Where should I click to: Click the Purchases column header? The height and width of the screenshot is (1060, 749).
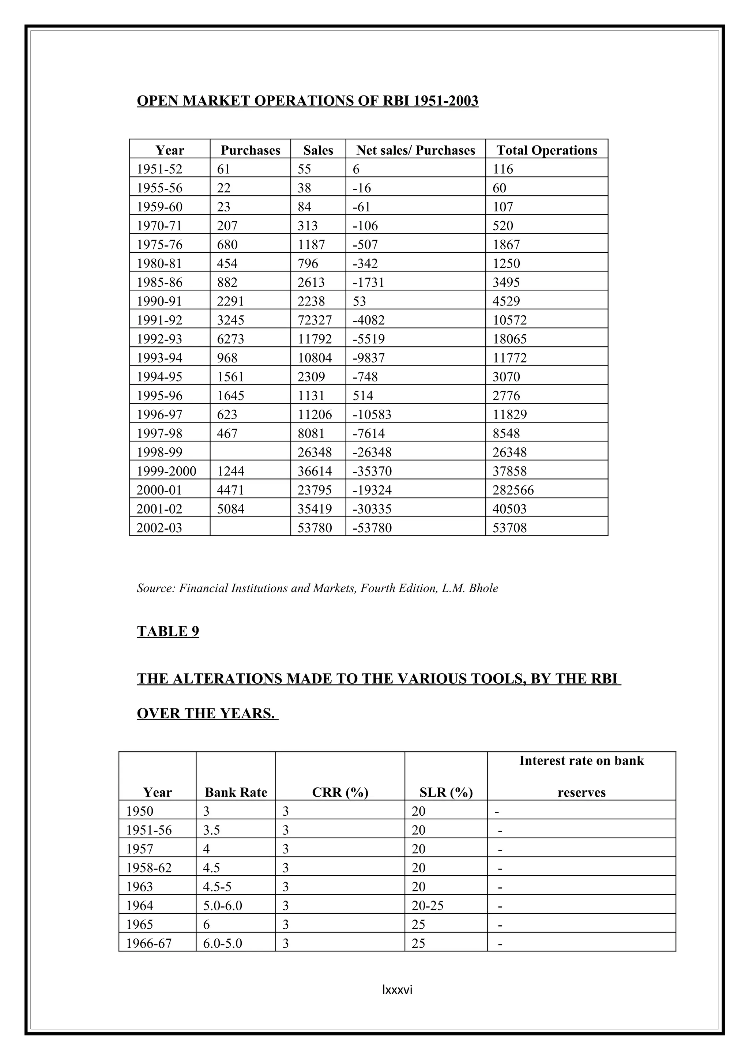250,150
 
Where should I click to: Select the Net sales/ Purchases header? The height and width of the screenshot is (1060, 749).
415,150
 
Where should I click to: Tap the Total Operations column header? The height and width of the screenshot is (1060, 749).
546,150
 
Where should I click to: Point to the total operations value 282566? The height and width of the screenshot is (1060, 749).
513,490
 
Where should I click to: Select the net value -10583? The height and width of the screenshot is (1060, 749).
372,414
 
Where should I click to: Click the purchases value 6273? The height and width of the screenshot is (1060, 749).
230,339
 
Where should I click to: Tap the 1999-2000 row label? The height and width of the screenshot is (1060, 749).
166,471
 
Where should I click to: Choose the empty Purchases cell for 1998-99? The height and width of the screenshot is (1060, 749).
250,452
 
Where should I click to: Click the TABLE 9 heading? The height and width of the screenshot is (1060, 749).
168,631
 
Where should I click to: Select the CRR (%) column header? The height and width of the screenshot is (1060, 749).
340,792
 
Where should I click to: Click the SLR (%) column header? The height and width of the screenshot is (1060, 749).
446,792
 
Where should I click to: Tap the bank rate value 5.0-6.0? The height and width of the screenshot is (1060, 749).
222,905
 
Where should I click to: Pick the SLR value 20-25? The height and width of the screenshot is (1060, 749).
427,905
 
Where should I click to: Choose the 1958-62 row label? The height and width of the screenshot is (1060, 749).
148,868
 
